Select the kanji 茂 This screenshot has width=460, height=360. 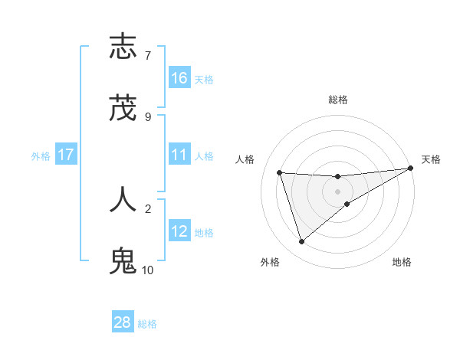pyautogui.click(x=123, y=110)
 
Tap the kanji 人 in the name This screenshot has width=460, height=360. pyautogui.click(x=123, y=199)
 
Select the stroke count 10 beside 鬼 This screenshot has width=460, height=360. pyautogui.click(x=147, y=270)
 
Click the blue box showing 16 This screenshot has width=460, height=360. pyautogui.click(x=179, y=78)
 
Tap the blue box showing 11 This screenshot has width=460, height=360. pyautogui.click(x=179, y=155)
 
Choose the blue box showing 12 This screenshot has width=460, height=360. pyautogui.click(x=179, y=231)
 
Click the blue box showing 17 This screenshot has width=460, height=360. pyautogui.click(x=66, y=155)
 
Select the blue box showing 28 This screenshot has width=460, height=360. pyautogui.click(x=123, y=322)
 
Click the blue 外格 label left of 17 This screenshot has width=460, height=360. pyautogui.click(x=41, y=156)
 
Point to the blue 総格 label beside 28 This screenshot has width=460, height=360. pyautogui.click(x=147, y=323)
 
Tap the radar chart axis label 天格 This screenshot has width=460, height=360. pyautogui.click(x=431, y=159)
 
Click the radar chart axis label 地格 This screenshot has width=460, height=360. pyautogui.click(x=402, y=262)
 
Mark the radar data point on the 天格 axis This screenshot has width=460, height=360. pyautogui.click(x=410, y=169)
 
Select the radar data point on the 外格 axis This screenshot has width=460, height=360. pyautogui.click(x=301, y=242)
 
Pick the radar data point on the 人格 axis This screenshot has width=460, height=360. pyautogui.click(x=280, y=172)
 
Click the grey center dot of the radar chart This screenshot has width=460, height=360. pyautogui.click(x=337, y=191)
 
